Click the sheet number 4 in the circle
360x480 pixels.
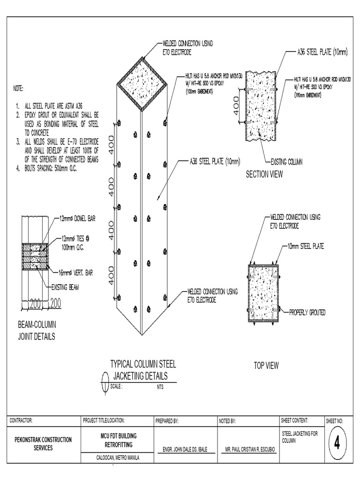tap(336, 443)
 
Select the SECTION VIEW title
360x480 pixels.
tap(264, 175)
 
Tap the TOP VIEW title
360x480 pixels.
tap(266, 366)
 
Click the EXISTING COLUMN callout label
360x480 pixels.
tap(286, 162)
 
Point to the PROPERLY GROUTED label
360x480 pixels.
tap(307, 312)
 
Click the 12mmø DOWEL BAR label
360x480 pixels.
tap(77, 218)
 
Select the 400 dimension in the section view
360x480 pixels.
tap(235, 106)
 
